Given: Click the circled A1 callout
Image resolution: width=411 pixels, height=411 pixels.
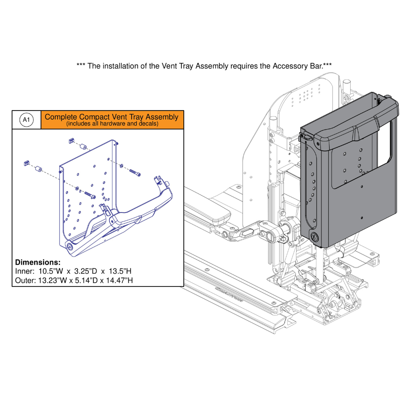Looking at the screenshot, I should coord(26,120).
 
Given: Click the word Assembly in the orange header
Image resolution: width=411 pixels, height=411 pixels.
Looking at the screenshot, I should coord(161,117).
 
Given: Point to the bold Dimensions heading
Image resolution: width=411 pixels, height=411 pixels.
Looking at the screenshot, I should coord(38,262).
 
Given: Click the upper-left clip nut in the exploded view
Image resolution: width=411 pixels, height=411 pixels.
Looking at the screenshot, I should coord(71,141).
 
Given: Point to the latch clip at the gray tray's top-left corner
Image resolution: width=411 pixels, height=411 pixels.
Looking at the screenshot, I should coord(306,137).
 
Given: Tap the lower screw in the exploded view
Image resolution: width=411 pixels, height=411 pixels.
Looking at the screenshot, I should coord(89,196).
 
